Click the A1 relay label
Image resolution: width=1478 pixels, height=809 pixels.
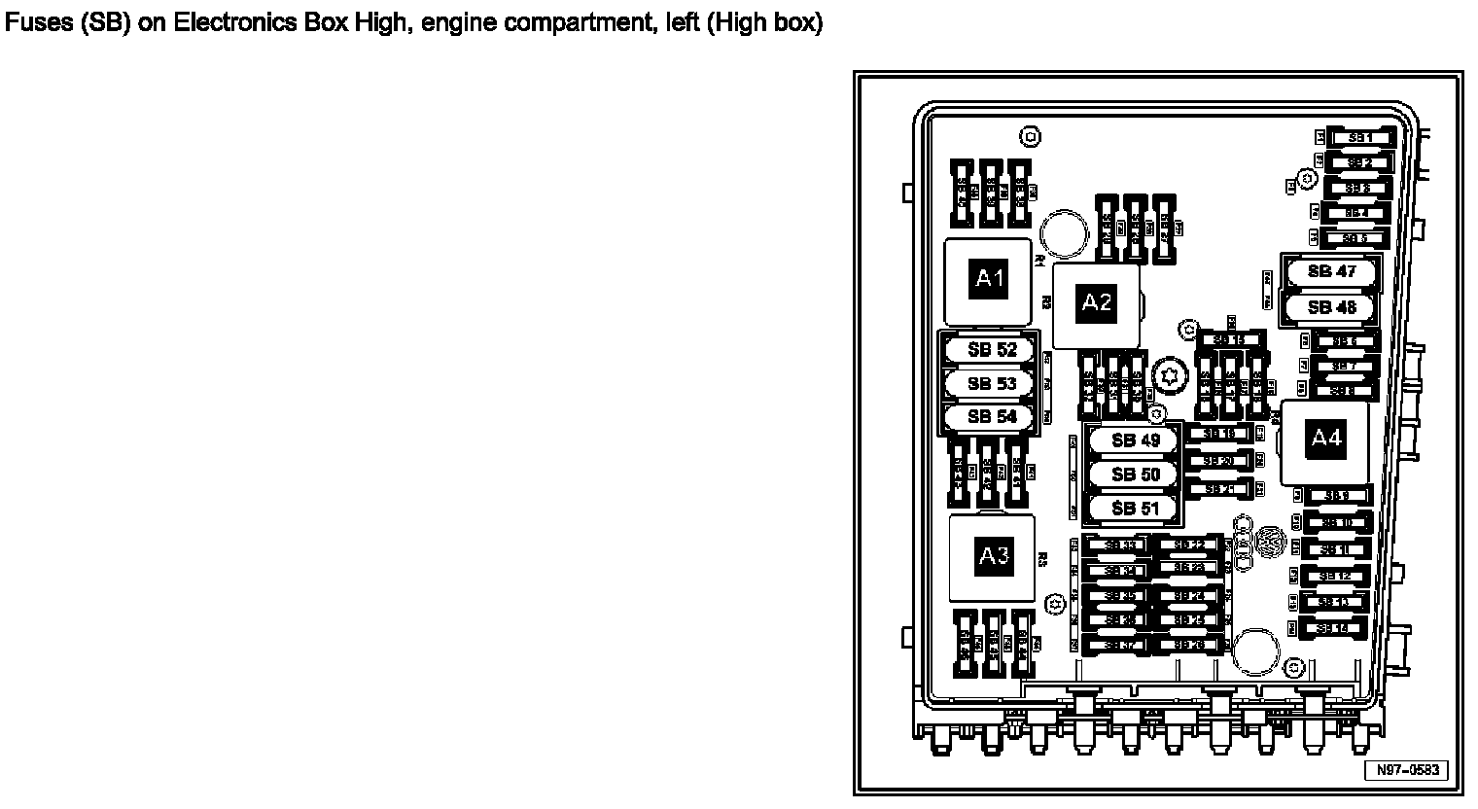click(x=989, y=280)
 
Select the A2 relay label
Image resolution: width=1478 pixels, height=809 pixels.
click(x=1097, y=302)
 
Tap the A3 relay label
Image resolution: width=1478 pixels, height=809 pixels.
click(x=993, y=556)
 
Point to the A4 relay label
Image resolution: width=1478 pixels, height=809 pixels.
click(x=1326, y=439)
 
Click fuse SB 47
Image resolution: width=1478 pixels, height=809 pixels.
click(x=1331, y=272)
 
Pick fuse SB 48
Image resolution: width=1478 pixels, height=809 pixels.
click(x=1331, y=308)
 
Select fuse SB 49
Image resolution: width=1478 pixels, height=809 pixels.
click(x=1136, y=440)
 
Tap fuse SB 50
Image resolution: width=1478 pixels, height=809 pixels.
click(x=1136, y=475)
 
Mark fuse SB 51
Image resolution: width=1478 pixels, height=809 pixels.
click(x=1136, y=509)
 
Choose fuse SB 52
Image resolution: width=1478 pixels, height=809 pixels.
click(x=992, y=350)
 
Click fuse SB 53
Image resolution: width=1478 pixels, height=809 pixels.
click(x=992, y=384)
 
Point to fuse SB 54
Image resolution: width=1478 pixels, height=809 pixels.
click(x=992, y=417)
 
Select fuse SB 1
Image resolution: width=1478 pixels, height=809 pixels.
click(x=1359, y=138)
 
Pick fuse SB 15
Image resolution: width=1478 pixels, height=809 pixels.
click(x=1231, y=340)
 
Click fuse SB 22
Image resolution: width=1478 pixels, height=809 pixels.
click(x=1187, y=545)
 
